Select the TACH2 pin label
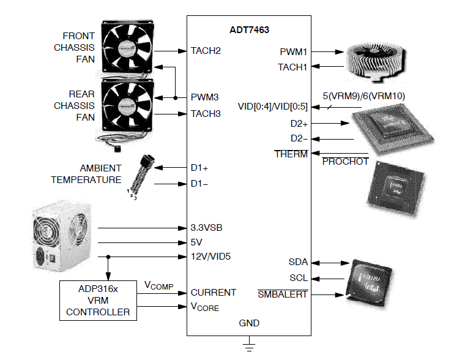(x=206, y=50)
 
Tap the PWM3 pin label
(x=205, y=97)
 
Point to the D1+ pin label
(x=199, y=167)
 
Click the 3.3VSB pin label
(x=207, y=228)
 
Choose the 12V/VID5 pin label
(x=211, y=257)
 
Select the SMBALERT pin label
(x=283, y=294)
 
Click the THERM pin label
(x=291, y=154)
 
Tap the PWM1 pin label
(x=293, y=52)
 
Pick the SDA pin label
(x=298, y=262)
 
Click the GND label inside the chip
(x=249, y=323)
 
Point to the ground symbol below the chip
(x=248, y=347)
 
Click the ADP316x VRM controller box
(x=98, y=301)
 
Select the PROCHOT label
(x=345, y=162)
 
